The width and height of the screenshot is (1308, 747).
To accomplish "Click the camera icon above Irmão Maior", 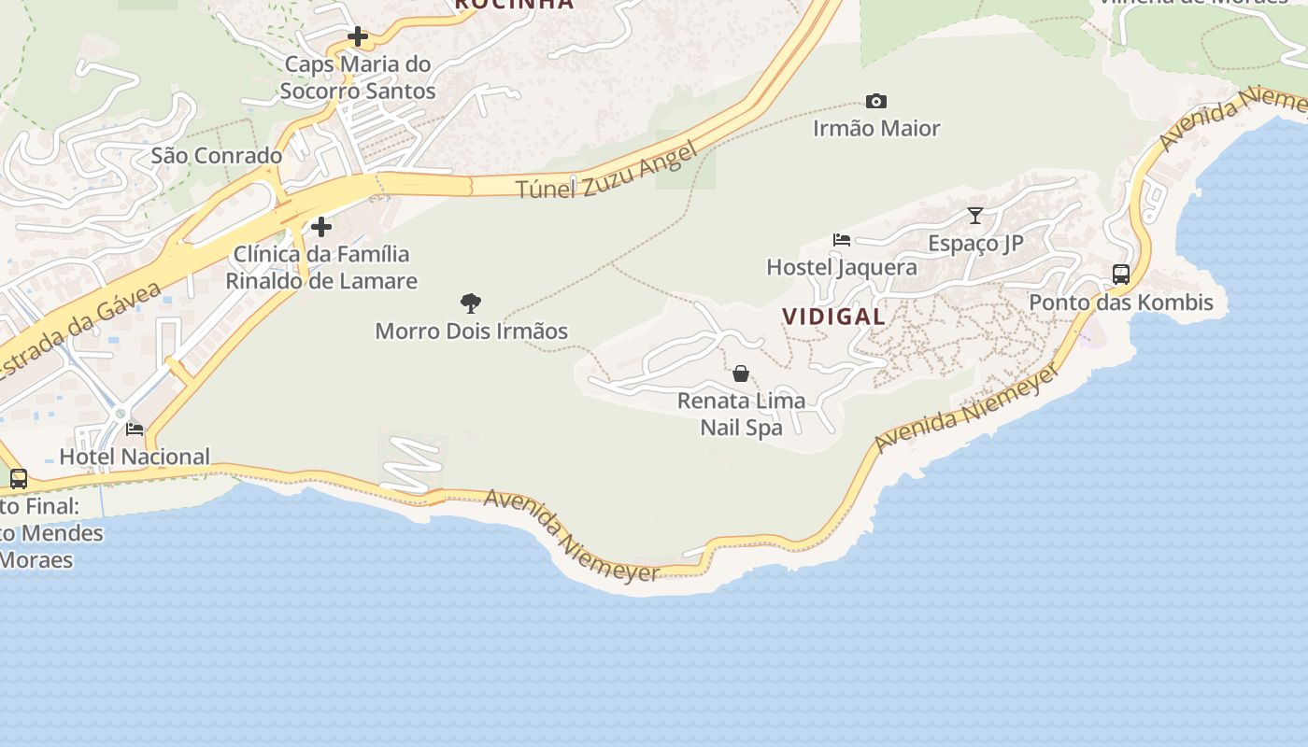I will tap(875, 101).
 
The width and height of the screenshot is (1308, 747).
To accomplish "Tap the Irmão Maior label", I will tap(875, 128).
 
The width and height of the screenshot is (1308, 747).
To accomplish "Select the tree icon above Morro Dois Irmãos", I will tap(471, 303).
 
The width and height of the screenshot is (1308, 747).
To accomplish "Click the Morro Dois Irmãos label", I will tap(471, 331).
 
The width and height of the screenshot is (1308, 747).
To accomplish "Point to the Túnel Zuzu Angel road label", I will tap(607, 171).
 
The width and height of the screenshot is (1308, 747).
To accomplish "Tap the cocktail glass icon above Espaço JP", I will tap(975, 216).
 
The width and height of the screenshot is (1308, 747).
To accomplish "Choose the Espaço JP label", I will tap(975, 244).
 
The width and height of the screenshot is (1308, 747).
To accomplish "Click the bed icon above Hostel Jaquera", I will tap(842, 240).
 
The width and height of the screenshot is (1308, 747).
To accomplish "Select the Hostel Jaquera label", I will tap(842, 267).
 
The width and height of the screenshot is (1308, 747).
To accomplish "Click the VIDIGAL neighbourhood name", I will tap(834, 317).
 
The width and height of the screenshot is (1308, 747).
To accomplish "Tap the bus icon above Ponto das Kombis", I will tap(1121, 275).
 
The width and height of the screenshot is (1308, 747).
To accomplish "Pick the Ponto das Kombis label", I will tap(1121, 303).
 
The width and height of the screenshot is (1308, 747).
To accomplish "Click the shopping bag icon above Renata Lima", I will tap(741, 373).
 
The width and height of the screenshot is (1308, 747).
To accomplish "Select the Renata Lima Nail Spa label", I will tap(741, 415).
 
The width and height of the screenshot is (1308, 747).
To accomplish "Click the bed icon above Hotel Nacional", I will tap(135, 430).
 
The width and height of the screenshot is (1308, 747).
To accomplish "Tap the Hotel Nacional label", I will tap(135, 457).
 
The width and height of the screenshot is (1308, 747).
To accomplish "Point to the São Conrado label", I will tap(217, 156).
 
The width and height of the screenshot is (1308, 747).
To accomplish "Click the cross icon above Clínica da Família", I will tap(321, 227).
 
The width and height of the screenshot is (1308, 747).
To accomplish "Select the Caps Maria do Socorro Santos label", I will tap(357, 78).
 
